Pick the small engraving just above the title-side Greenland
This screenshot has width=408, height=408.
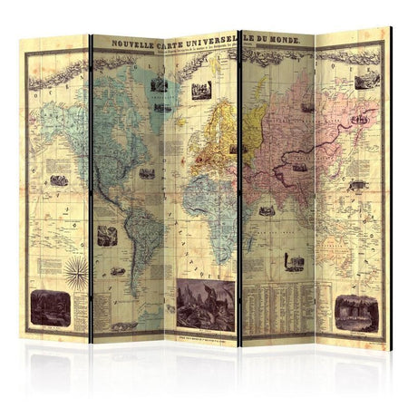tap(160, 85)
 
